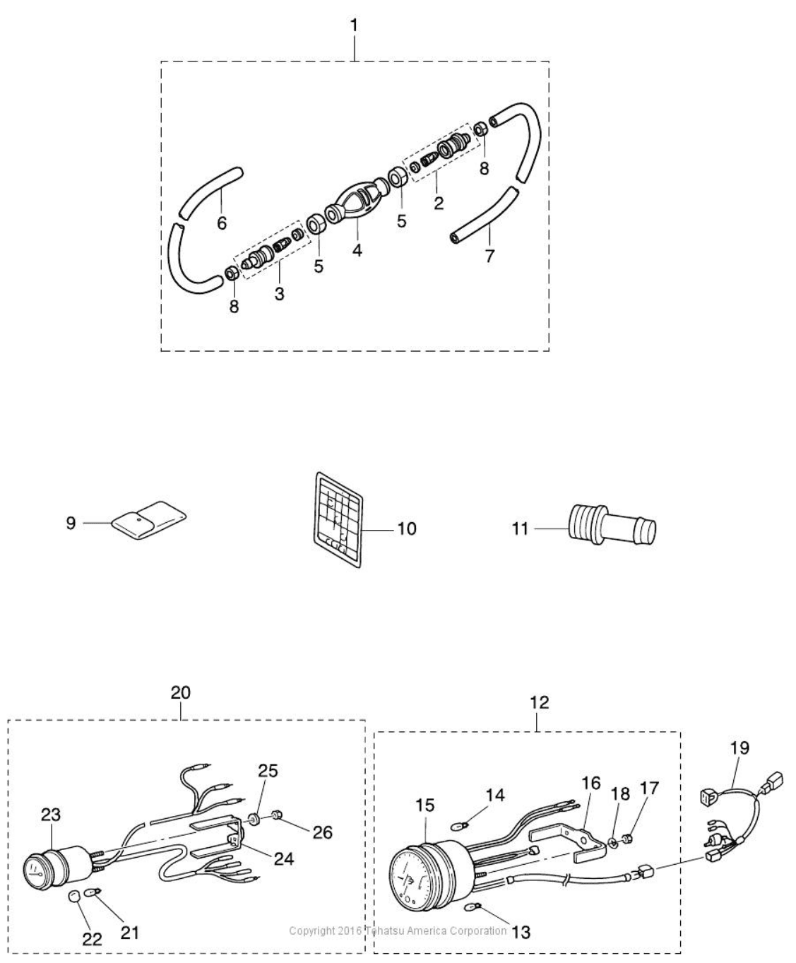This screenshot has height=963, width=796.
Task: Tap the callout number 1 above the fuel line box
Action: pyautogui.click(x=354, y=25)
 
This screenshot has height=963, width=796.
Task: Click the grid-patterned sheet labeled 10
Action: pyautogui.click(x=336, y=520)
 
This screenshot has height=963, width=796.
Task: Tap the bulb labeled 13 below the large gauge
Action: pyautogui.click(x=475, y=907)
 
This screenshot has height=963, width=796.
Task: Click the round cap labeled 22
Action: pyautogui.click(x=75, y=897)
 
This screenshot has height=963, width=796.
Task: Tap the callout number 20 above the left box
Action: pyautogui.click(x=180, y=692)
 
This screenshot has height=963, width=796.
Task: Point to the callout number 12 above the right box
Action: pyautogui.click(x=539, y=703)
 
